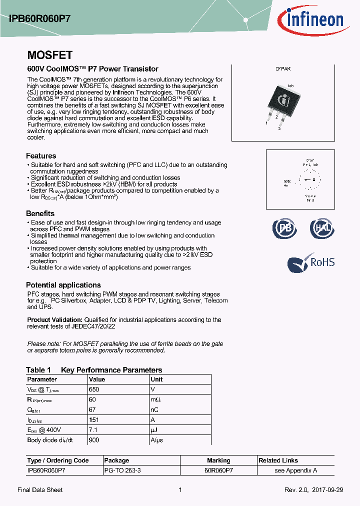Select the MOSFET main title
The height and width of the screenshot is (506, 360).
49,55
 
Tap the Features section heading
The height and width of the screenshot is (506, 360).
41,156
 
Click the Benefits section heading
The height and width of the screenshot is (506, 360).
40,213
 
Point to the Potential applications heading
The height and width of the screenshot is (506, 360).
62,285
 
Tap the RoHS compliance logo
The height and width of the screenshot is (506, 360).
311,262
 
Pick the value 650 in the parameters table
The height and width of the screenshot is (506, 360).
94,389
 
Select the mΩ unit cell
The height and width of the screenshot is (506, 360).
155,399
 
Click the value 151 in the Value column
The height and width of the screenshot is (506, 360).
93,420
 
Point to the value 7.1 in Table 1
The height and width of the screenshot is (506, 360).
92,430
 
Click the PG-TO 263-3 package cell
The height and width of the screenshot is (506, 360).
122,470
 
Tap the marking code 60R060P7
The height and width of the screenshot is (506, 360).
218,470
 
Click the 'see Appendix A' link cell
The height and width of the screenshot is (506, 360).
295,470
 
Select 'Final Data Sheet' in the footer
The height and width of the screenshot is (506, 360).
40,490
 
